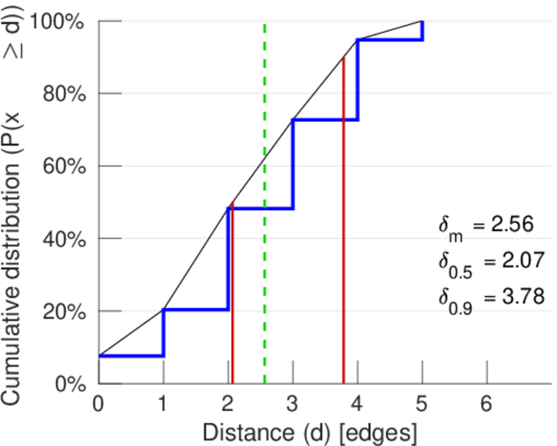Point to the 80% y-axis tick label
pyautogui.click(x=62, y=94)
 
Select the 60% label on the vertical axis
pyautogui.click(x=62, y=167)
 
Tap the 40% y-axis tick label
pyautogui.click(x=62, y=239)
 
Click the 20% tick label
pyautogui.click(x=62, y=311)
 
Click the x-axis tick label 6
pyautogui.click(x=487, y=403)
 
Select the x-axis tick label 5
pyautogui.click(x=422, y=403)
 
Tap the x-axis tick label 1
pyautogui.click(x=163, y=403)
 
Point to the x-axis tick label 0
pyautogui.click(x=98, y=403)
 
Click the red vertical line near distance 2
pyautogui.click(x=232, y=297)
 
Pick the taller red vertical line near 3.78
pyautogui.click(x=344, y=223)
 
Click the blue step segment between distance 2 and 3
pyautogui.click(x=260, y=208)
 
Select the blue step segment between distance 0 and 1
pyautogui.click(x=131, y=355)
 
